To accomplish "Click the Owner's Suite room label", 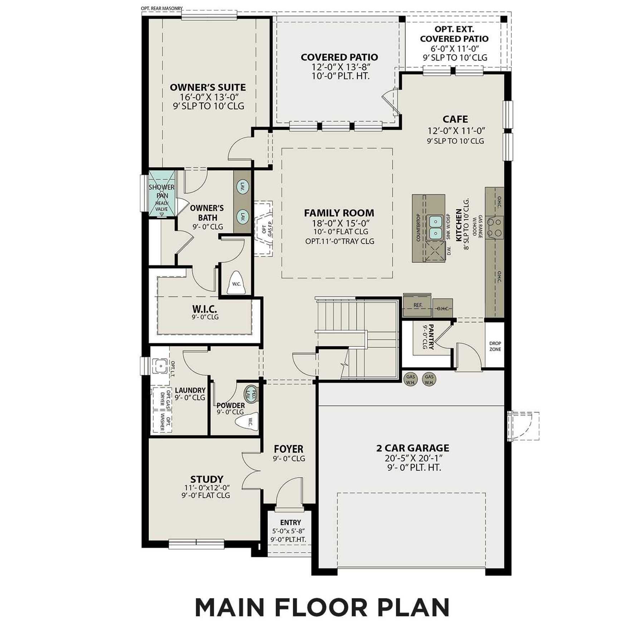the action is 208,87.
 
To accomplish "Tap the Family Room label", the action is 339,213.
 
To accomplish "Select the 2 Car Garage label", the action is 413,448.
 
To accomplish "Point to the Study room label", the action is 207,479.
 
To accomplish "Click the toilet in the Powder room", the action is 247,423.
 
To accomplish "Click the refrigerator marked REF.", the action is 418,305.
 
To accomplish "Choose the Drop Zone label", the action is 495,346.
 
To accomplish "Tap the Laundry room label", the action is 190,390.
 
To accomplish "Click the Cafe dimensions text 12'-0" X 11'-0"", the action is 456,131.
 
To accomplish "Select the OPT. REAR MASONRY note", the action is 162,8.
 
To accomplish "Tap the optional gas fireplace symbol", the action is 264,228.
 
